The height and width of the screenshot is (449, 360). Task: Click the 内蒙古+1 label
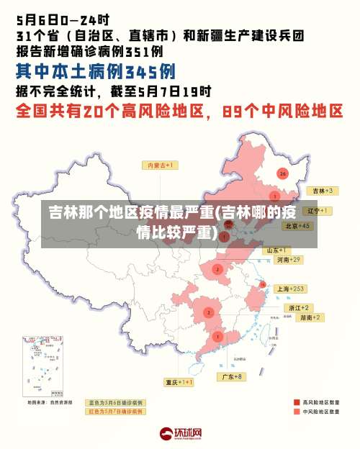(161, 165)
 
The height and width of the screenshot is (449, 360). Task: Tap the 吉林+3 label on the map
(321, 191)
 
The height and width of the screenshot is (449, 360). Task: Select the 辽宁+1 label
(317, 211)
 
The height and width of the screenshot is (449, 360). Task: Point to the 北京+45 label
(297, 226)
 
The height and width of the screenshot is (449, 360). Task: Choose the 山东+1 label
(278, 250)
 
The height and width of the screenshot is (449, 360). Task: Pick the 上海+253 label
(291, 288)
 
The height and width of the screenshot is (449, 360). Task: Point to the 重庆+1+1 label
(179, 382)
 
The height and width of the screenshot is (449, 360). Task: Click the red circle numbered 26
(283, 173)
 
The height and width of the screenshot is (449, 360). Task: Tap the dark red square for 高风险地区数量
(296, 402)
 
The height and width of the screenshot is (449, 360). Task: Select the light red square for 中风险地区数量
(296, 412)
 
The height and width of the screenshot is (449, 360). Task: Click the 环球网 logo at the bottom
(180, 433)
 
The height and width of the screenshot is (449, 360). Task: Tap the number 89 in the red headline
(237, 112)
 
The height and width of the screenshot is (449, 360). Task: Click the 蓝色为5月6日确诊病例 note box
(116, 402)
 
